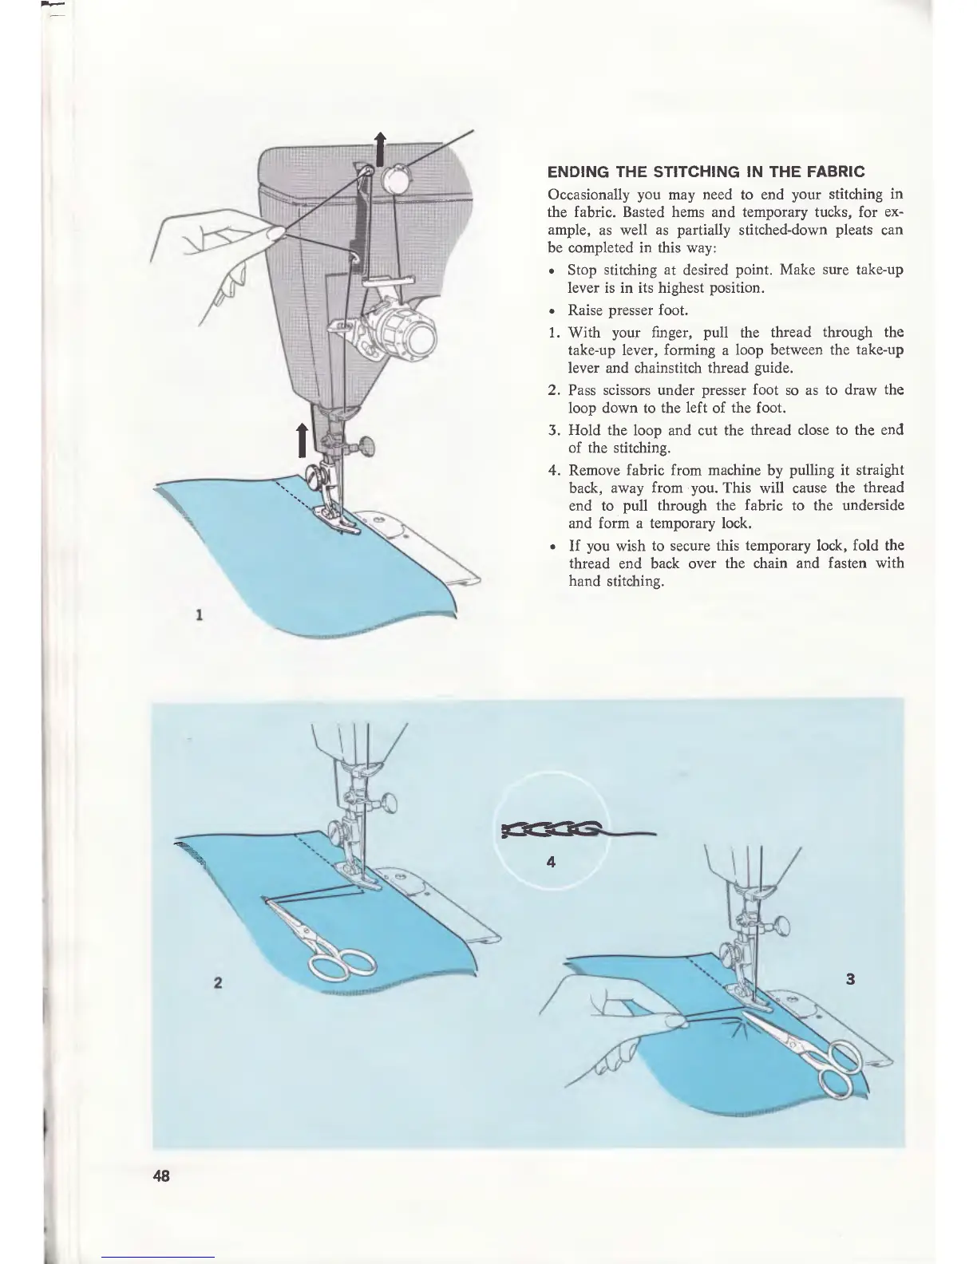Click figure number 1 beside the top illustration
tap(198, 614)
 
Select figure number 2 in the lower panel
tap(217, 982)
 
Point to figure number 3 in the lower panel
tap(850, 980)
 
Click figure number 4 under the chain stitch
tap(550, 863)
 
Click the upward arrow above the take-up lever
tap(380, 148)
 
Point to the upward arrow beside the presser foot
tap(303, 440)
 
